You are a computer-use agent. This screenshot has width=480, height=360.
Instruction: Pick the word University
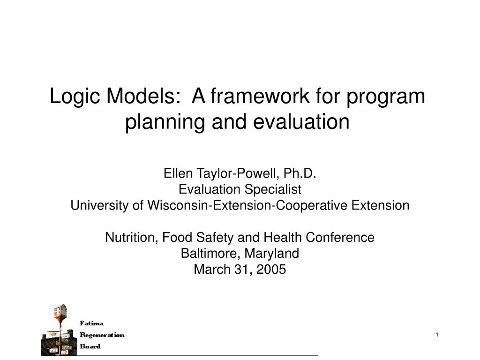[95, 206]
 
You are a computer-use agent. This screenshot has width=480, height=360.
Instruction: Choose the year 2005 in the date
[271, 270]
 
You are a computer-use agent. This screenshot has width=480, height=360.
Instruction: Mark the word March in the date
[210, 270]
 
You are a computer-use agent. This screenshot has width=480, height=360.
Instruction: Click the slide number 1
[437, 334]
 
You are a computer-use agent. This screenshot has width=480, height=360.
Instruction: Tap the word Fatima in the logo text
[92, 323]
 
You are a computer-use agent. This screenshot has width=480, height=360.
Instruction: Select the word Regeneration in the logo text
[102, 335]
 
